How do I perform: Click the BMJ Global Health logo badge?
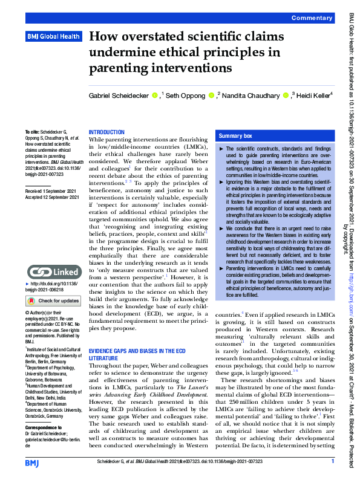[x=53, y=37]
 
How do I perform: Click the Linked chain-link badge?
[x=53, y=272]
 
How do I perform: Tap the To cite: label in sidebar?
[x=31, y=131]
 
